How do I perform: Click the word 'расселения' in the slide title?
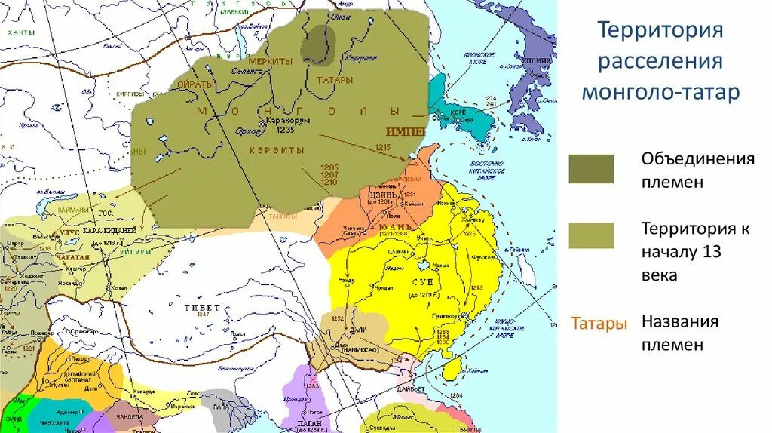[660, 61]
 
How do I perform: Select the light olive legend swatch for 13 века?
[591, 235]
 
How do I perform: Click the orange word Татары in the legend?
[599, 324]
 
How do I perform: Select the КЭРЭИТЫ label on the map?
[277, 150]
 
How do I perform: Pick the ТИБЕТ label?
[201, 308]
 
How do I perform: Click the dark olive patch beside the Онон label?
[318, 44]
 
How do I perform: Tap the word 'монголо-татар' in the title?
[660, 93]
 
